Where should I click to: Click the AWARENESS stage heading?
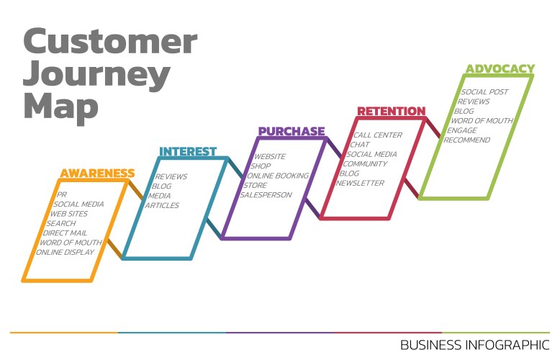[x=97, y=174]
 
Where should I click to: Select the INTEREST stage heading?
[x=188, y=152]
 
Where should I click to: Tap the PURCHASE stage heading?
[x=292, y=132]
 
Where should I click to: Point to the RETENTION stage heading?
[x=392, y=111]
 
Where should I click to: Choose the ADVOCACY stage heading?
[x=500, y=68]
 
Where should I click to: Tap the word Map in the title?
[x=60, y=107]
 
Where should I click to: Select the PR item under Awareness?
[x=62, y=194]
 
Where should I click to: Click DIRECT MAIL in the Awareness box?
[x=65, y=233]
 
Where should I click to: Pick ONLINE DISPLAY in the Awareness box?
[x=65, y=252]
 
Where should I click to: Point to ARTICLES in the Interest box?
[x=162, y=205]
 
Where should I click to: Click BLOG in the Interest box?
[x=161, y=186]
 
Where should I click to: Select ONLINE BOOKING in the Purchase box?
[x=278, y=176]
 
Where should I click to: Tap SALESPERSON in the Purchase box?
[x=266, y=195]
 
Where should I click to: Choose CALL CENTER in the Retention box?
[x=378, y=135]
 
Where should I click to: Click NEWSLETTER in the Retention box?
[x=360, y=183]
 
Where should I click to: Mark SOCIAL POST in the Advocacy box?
[x=484, y=91]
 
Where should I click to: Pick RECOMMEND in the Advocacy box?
[x=466, y=140]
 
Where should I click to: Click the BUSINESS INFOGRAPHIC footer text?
[x=475, y=345]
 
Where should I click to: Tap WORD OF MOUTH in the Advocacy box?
[x=482, y=121]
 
